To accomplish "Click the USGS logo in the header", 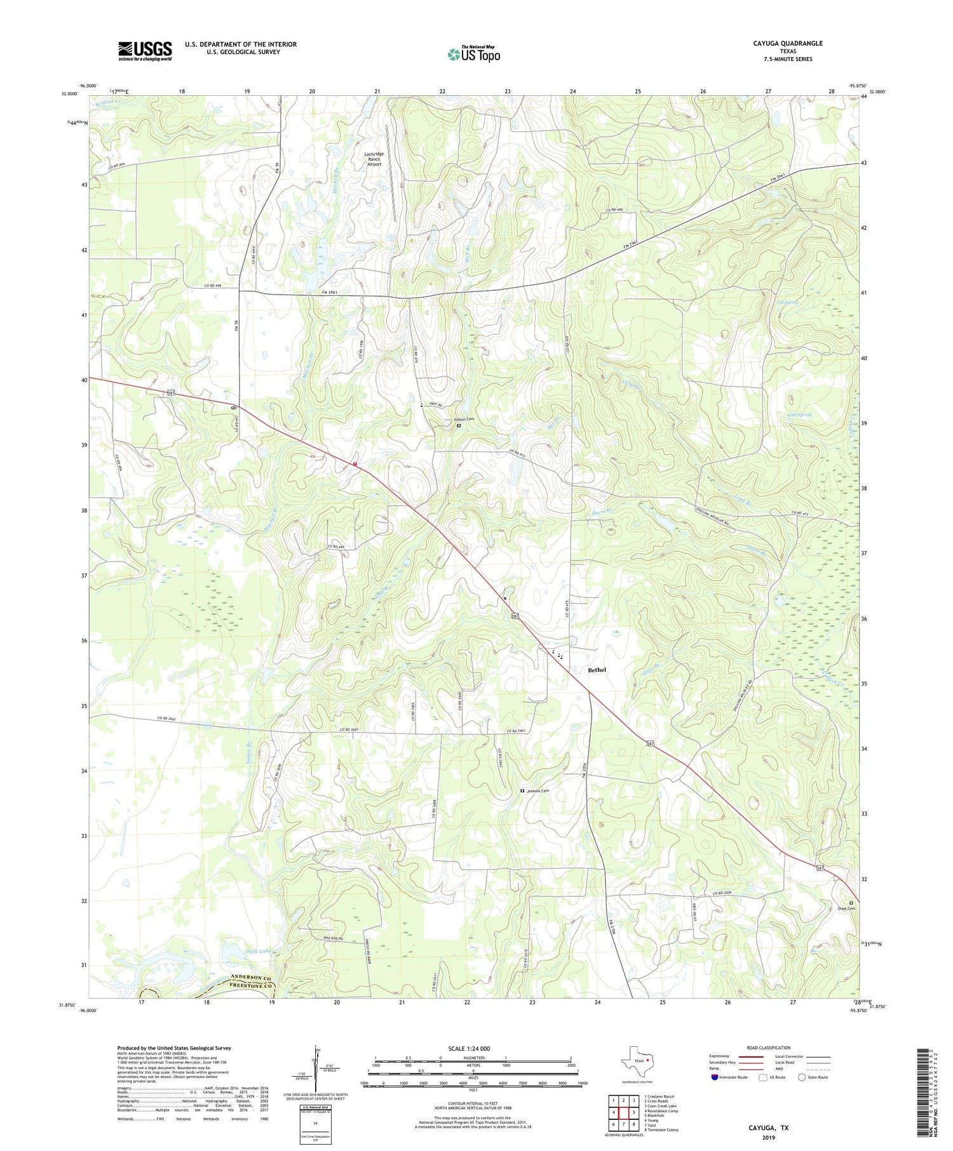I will tap(145, 51).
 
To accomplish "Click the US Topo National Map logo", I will tap(473, 54).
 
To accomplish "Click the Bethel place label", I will tap(597, 670).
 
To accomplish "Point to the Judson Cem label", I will tap(463, 420).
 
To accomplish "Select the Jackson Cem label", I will tap(537, 790).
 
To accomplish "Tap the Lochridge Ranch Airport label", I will tap(374, 159).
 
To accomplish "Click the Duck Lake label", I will tap(258, 951).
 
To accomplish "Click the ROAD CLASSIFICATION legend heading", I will tap(769, 1048).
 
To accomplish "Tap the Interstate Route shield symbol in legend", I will tap(714, 1077).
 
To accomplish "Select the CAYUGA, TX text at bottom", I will tap(767, 1128).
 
